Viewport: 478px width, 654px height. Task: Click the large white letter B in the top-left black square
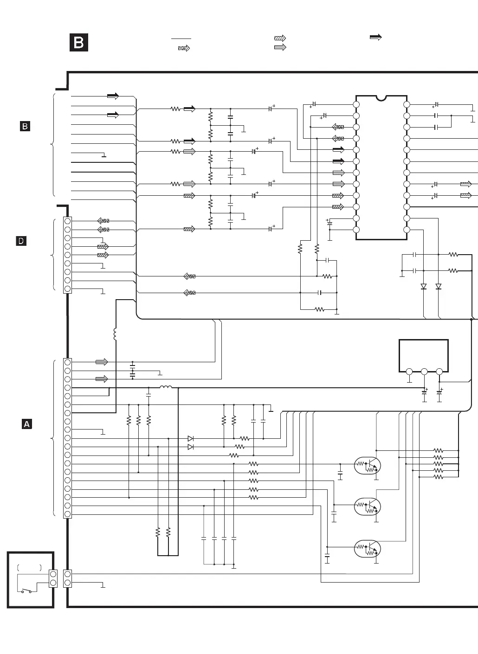point(79,43)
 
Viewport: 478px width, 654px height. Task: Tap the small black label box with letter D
point(21,241)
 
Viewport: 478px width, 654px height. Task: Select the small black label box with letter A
point(27,424)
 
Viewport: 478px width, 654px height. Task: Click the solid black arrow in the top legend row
point(375,38)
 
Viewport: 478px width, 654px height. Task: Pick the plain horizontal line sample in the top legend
point(181,38)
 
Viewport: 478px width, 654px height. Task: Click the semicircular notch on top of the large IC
point(381,98)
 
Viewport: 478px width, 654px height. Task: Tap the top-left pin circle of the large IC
point(356,104)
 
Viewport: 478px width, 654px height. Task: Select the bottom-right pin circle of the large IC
point(407,230)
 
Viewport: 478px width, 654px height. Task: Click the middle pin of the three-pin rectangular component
point(424,372)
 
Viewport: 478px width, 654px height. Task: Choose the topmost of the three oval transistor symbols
point(368,466)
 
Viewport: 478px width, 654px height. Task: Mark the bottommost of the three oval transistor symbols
point(368,549)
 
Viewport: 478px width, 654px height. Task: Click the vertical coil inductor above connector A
point(115,334)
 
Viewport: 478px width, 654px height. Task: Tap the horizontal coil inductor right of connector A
point(166,388)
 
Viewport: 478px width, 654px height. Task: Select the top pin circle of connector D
point(68,221)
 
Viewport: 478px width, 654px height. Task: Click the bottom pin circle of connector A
point(68,514)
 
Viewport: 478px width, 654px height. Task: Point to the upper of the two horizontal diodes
point(190,438)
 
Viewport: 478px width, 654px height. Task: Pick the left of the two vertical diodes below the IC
point(423,287)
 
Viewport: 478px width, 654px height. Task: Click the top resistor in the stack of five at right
point(438,450)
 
